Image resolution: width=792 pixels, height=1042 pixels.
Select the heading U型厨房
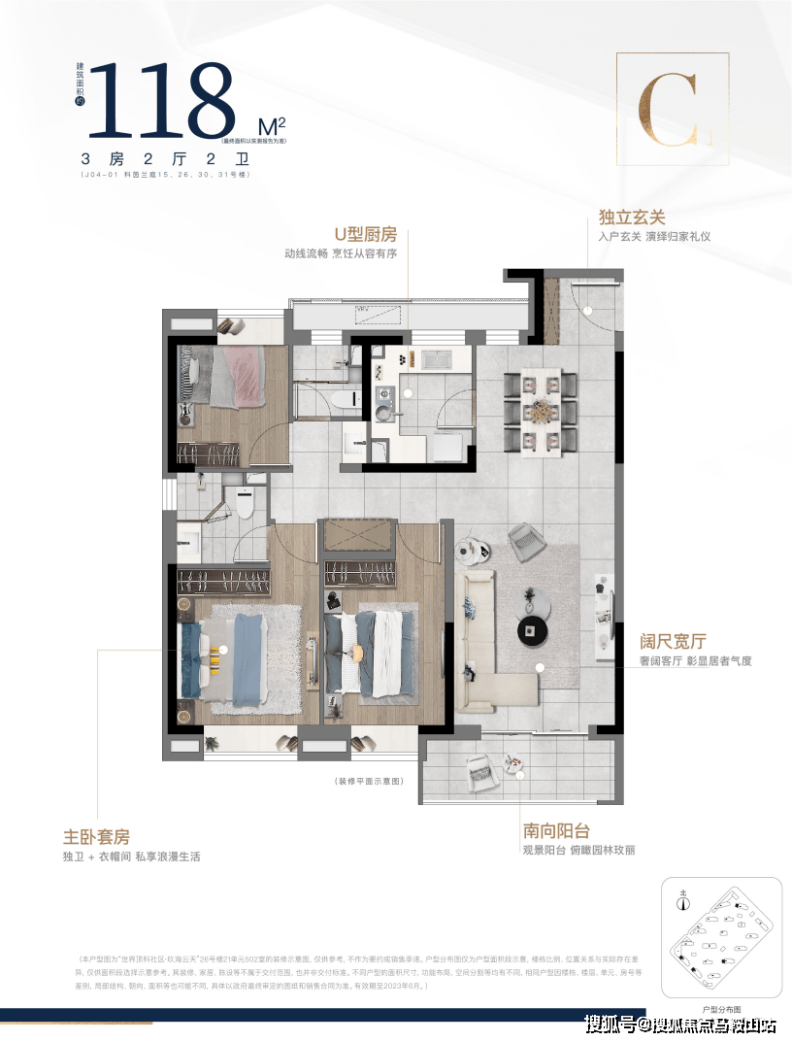click(366, 234)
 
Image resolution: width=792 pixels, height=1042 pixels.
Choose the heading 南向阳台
click(556, 830)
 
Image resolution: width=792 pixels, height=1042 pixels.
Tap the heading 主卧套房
click(95, 836)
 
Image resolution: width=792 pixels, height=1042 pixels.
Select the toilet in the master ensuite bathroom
click(241, 505)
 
